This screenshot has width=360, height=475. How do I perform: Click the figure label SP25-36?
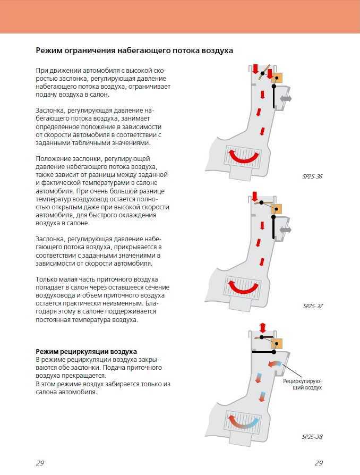coord(312,176)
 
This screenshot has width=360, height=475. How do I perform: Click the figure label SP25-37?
coord(313,307)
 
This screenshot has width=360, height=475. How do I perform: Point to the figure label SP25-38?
coord(312,437)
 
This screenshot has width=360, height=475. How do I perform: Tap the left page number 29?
coord(40,463)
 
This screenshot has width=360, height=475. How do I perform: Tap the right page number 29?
coord(319,463)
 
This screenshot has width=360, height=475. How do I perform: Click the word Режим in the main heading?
coord(50,50)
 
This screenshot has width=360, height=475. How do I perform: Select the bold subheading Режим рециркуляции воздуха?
coord(86,352)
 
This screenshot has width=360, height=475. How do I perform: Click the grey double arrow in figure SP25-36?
coord(286,99)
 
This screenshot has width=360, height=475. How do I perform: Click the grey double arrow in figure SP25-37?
coord(286,230)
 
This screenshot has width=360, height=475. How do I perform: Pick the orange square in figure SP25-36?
coord(276,78)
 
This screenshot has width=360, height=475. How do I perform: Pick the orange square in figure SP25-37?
coord(276,209)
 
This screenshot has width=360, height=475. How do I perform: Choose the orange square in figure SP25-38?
coord(276,344)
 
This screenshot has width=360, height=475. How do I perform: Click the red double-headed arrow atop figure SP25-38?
coord(262,327)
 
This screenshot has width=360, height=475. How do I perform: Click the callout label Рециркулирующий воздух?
coord(303,384)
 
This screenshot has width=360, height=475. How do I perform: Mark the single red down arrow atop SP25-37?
coord(255,197)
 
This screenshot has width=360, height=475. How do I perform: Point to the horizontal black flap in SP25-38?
coord(262,352)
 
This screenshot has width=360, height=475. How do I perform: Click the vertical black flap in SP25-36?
coord(274,97)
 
